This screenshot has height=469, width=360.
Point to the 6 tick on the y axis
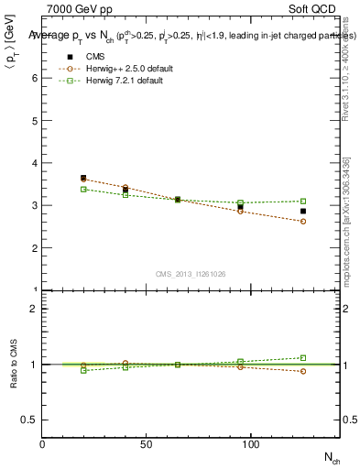tap(36, 78)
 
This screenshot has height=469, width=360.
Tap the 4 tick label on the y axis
tap(36, 163)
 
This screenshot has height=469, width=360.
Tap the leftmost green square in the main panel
tap(83, 189)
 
